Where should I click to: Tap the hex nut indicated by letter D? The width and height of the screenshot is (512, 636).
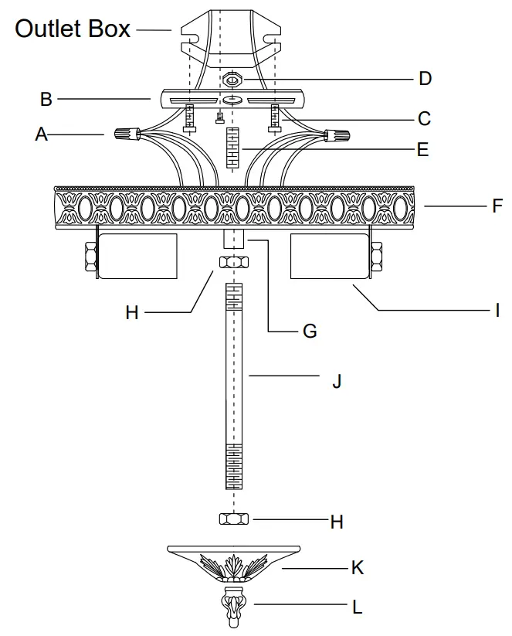pos(232,79)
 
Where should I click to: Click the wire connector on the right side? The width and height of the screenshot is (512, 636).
pos(337,136)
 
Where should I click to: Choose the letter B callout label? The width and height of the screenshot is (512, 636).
pos(46,99)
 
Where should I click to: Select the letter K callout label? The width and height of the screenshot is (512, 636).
pos(357,568)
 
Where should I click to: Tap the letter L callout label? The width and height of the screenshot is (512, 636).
pos(357,607)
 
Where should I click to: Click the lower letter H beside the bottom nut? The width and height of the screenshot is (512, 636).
pos(336,522)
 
